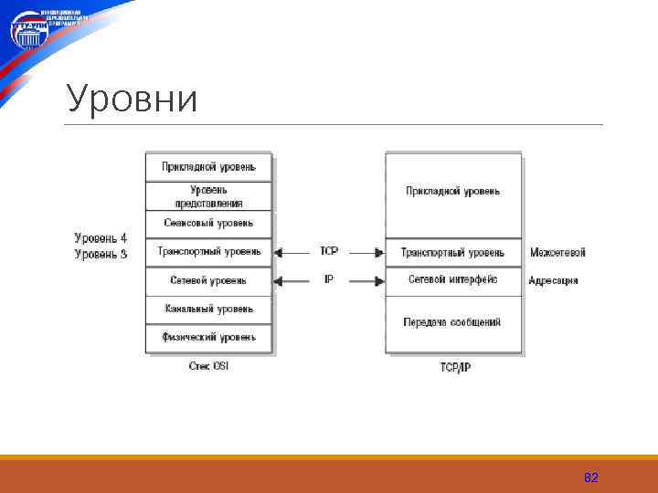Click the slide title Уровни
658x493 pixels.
(x=133, y=99)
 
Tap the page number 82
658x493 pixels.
(x=590, y=478)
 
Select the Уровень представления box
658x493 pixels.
(x=208, y=196)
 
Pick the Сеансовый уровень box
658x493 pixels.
(x=208, y=223)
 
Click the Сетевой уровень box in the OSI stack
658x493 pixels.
(x=208, y=280)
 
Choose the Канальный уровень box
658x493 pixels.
(x=208, y=309)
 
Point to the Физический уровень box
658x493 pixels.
(x=208, y=337)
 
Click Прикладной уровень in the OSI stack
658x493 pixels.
(x=208, y=166)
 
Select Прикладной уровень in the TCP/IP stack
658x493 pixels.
(x=452, y=191)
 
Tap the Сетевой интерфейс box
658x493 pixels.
(x=452, y=279)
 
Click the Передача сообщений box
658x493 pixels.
(x=452, y=322)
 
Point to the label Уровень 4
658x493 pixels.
(x=101, y=238)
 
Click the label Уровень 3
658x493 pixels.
(x=101, y=254)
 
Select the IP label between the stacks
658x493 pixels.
(x=329, y=280)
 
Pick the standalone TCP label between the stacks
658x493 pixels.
(x=329, y=251)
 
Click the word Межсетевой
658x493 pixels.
(x=557, y=252)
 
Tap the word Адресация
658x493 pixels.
(x=553, y=280)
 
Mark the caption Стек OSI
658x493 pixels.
(x=208, y=366)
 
